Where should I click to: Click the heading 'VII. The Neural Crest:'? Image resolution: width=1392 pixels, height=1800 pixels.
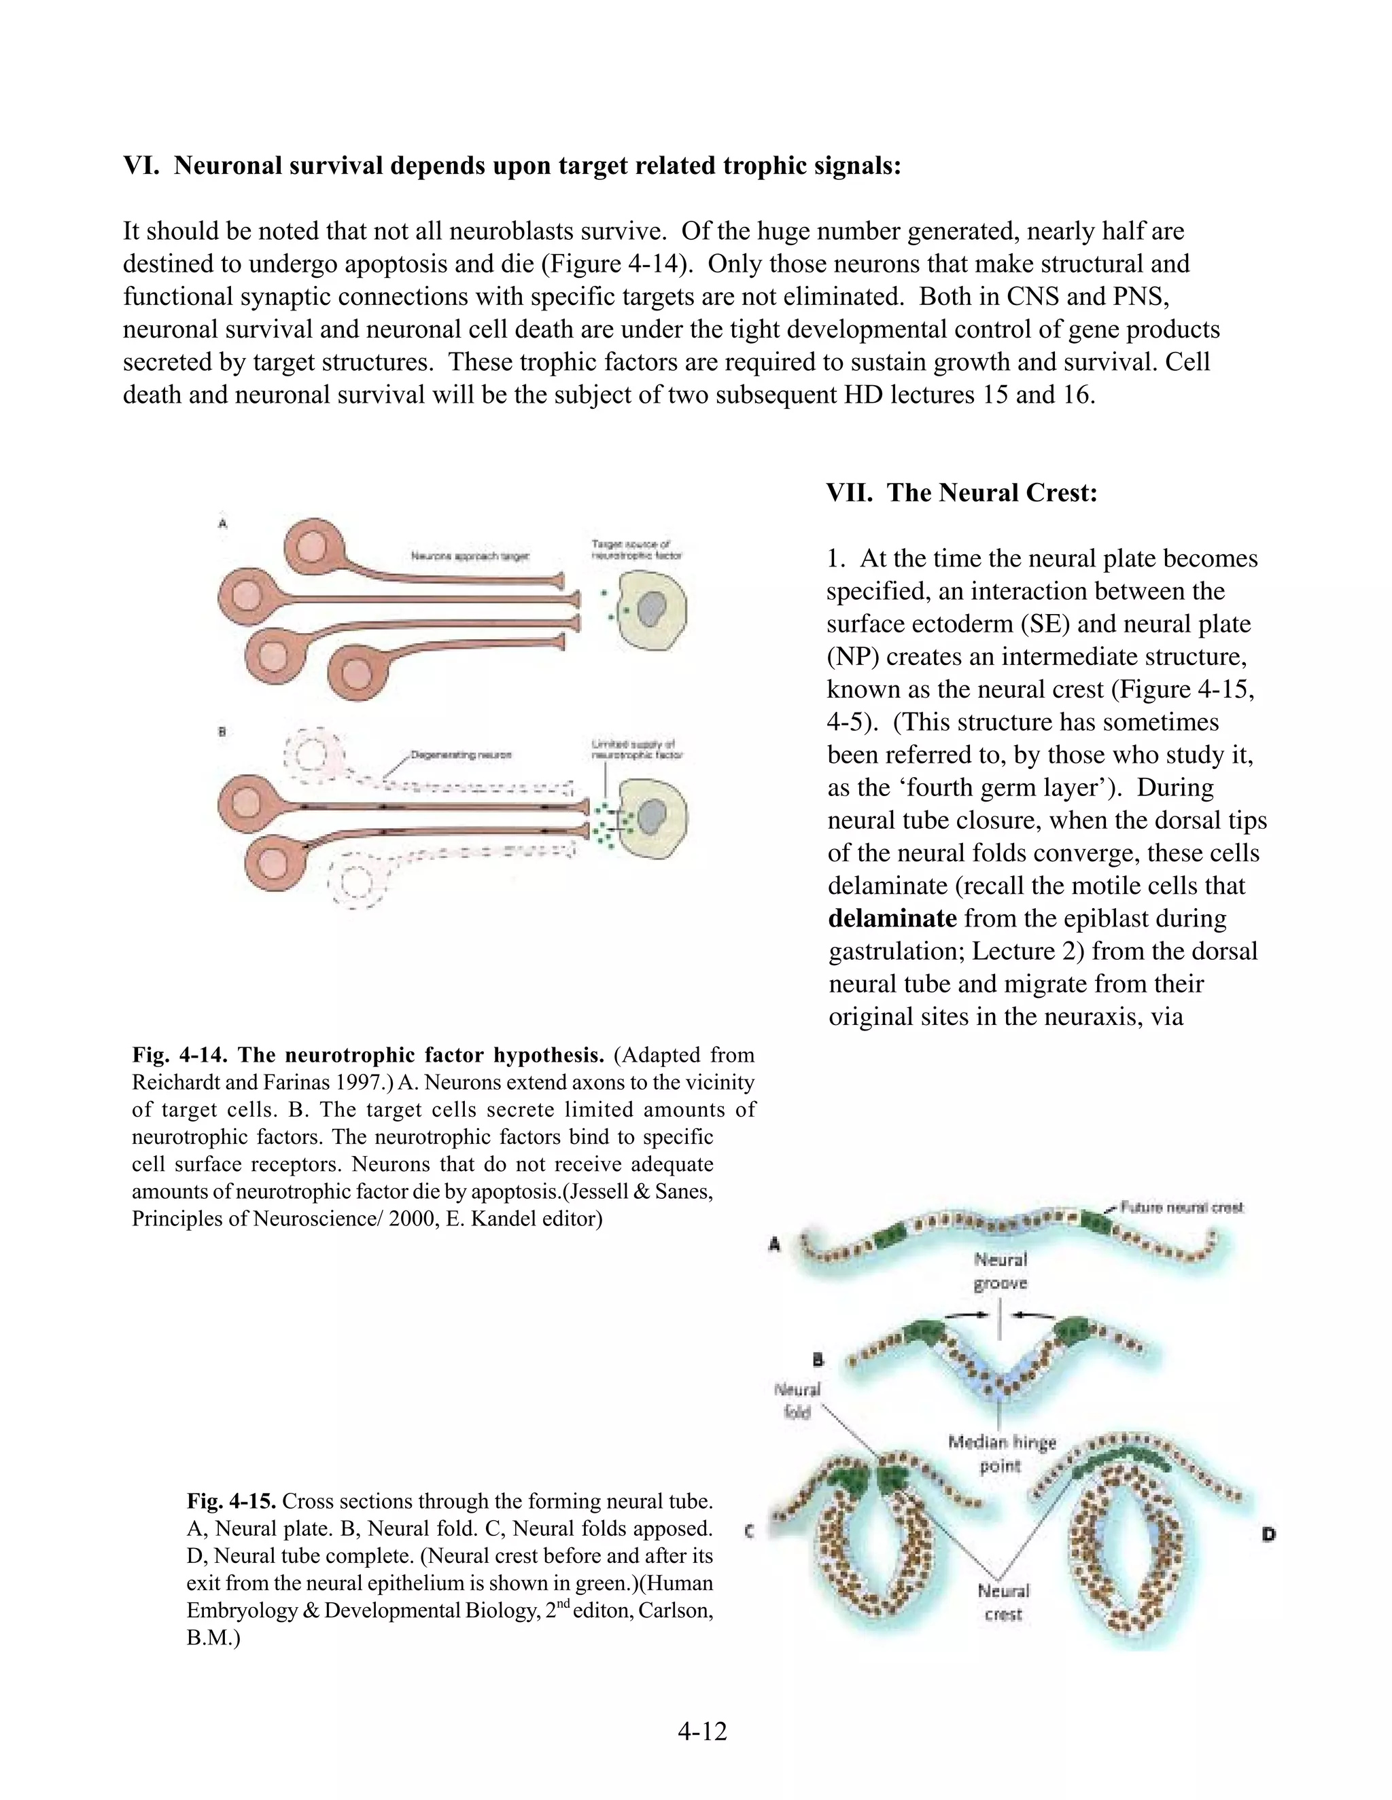[962, 493]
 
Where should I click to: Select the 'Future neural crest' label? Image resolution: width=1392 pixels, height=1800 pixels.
[1181, 1208]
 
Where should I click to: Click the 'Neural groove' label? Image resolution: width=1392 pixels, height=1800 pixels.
[1000, 1272]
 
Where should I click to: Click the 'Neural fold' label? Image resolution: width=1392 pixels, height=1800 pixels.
[797, 1401]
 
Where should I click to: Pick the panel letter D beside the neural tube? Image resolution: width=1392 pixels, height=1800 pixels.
[1268, 1534]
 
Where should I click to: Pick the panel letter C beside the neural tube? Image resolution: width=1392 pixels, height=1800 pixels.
[749, 1531]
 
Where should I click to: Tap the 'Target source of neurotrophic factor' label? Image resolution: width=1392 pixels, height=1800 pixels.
[636, 550]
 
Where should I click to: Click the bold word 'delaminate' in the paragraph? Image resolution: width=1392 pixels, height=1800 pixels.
[892, 918]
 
